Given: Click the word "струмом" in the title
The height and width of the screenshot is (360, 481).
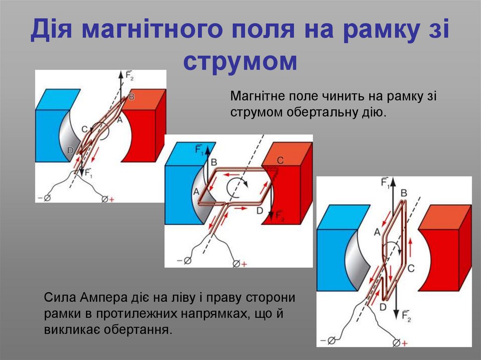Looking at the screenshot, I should click(240, 61).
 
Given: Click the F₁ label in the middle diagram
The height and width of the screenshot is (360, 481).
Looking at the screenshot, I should click(199, 150).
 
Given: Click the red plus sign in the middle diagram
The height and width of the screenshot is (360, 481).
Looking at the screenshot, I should click(244, 264).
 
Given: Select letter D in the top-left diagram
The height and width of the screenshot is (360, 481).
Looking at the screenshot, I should click(70, 150).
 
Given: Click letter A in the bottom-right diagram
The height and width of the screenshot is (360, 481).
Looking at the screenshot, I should click(376, 231).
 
